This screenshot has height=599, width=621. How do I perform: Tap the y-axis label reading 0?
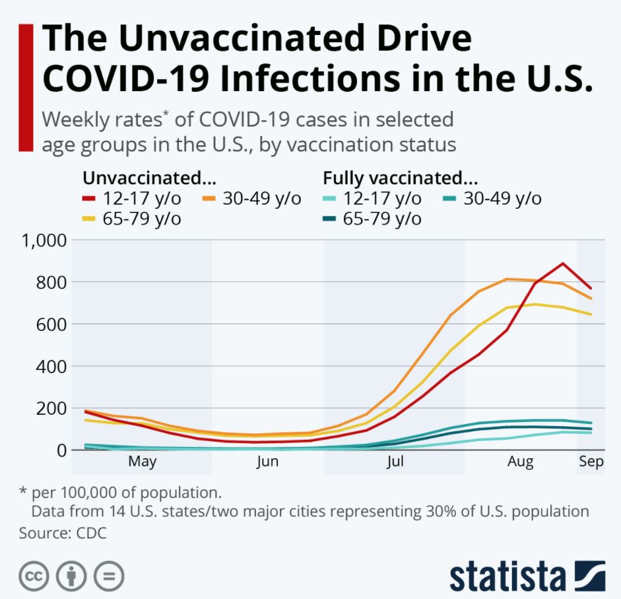pos(61,450)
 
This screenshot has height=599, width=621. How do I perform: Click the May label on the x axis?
pos(142,462)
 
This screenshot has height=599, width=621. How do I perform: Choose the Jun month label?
pos(267,462)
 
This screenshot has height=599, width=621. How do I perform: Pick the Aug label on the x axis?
pos(521,462)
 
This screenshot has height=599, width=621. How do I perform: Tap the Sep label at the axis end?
pos(591,462)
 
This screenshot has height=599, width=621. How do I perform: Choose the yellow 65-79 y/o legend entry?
pos(141,219)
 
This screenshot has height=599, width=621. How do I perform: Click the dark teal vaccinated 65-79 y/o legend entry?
pos(381,219)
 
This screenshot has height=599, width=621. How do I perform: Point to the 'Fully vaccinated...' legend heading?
pos(400,178)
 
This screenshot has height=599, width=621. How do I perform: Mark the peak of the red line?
pos(562,264)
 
